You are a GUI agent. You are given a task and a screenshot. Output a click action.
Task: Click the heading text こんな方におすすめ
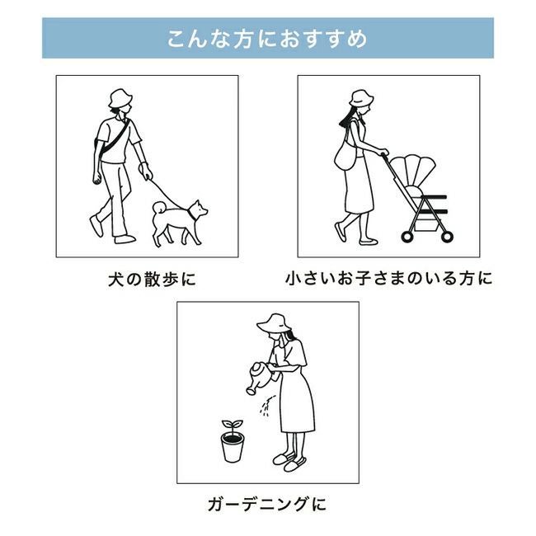click(x=267, y=39)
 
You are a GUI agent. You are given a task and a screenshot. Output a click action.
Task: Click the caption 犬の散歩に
click(x=152, y=280)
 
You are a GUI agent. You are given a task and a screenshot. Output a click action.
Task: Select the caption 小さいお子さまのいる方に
click(x=388, y=278)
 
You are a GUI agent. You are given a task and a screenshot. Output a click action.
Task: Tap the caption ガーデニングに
click(x=267, y=505)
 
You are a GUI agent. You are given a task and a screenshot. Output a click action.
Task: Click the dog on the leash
click(x=178, y=222)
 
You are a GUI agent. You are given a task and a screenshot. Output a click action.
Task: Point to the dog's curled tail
click(x=159, y=207)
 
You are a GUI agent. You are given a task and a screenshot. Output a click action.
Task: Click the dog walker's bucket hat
click(x=120, y=98)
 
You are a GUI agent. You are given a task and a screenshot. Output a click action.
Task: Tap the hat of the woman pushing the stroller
click(x=361, y=98)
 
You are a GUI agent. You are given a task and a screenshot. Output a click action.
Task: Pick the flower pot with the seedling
click(x=233, y=448)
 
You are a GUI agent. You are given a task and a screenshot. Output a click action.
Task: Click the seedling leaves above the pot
click(x=233, y=426)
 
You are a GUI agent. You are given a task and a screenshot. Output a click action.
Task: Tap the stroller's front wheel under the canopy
click(x=447, y=237)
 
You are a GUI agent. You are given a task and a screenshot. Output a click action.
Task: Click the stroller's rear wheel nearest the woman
click(x=407, y=237)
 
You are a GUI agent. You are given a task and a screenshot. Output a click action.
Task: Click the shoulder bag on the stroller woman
click(x=346, y=158)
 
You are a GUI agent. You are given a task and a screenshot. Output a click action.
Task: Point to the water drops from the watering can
click(x=266, y=406)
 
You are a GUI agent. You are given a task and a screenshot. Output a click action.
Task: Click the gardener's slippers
click(x=289, y=462)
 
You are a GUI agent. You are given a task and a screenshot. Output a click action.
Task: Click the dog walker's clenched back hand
click(x=97, y=178)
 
